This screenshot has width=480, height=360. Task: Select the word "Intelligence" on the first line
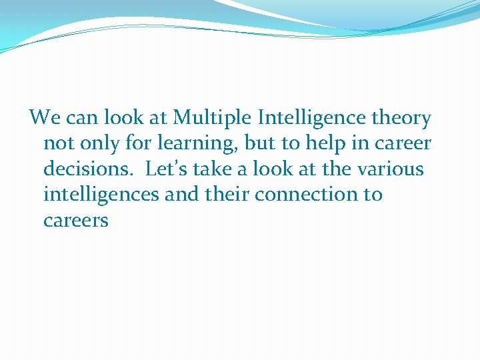[313, 119]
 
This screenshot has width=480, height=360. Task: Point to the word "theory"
[402, 119]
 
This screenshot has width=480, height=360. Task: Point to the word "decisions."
[89, 169]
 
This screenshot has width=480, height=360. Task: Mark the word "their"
[226, 195]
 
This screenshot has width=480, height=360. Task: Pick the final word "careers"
[75, 221]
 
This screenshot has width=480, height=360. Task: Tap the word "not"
[57, 144]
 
